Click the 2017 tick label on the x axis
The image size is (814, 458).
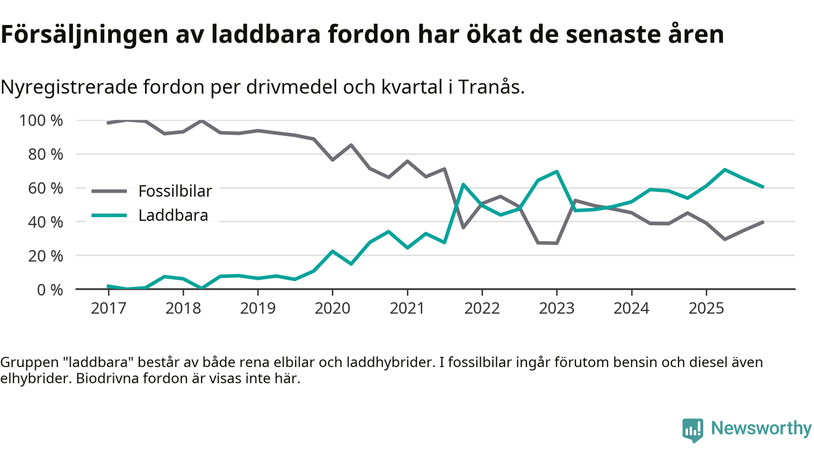coord(108,309)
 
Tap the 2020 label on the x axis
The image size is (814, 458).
coord(333,309)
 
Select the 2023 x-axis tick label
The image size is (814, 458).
coord(556,309)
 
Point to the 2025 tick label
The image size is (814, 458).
coord(706,309)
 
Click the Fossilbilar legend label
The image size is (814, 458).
coord(175,191)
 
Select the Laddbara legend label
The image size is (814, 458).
coord(173,215)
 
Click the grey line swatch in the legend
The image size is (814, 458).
coord(111,191)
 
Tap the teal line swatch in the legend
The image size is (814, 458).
coord(111,215)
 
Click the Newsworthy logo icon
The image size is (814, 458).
coord(693,429)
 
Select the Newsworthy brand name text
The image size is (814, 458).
coord(761,429)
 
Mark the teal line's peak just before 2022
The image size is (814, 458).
coord(463,184)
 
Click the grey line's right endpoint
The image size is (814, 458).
coord(762,222)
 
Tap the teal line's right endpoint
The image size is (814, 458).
coord(762,187)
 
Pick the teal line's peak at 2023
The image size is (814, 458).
coord(556,171)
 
